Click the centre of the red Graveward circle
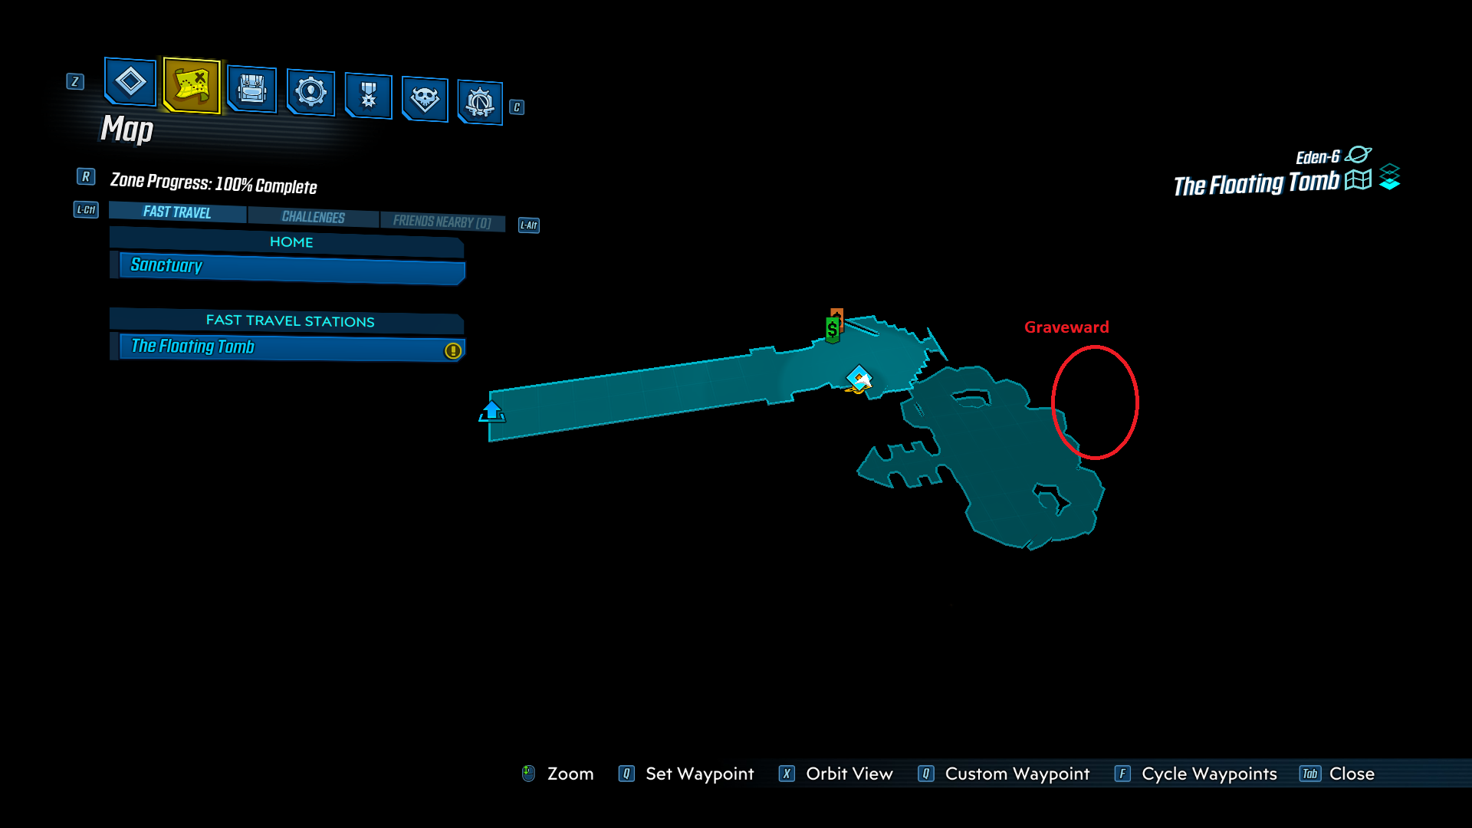1095,402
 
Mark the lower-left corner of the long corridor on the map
490,441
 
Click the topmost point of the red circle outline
1095,346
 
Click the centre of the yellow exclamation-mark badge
453,350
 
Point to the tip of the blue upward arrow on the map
491,401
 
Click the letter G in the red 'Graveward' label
1030,327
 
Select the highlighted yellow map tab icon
192,85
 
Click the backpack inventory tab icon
251,89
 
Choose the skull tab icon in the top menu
425,99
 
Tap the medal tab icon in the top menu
369,95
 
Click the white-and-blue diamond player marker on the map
859,378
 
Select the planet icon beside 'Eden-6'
1358,155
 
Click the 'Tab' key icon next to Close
1309,774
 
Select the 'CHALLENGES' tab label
313,217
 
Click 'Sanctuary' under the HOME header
166,265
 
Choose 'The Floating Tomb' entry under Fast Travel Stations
192,347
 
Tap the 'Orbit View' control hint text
849,774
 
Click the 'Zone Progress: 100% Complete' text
213,183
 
